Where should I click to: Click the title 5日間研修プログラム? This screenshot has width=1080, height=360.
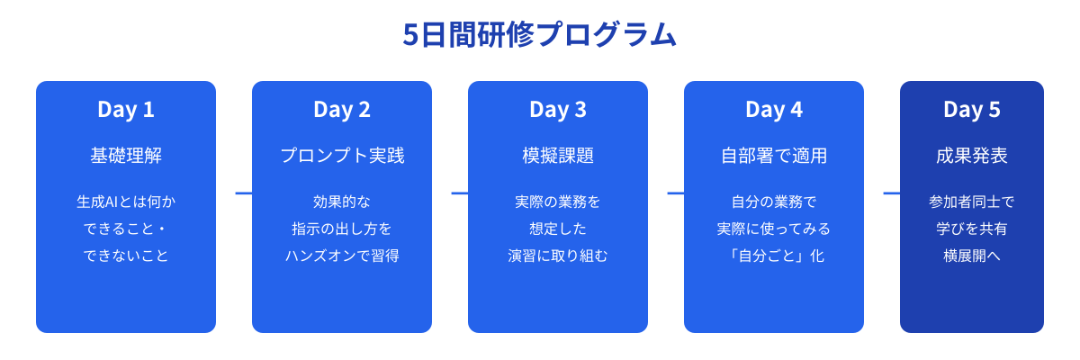point(539,34)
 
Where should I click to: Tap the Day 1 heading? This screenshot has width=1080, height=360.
point(126,110)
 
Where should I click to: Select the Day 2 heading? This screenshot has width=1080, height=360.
point(342,110)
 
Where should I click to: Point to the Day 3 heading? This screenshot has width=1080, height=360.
point(558,110)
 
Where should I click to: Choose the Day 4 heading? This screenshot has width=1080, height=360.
point(774,110)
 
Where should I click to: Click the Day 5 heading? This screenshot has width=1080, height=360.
point(972,110)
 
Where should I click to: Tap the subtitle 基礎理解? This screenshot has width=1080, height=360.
point(126,156)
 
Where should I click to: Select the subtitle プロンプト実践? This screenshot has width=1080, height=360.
point(342,156)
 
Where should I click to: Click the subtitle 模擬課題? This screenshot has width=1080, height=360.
point(558,156)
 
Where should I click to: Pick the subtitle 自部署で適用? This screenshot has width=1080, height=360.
point(774,156)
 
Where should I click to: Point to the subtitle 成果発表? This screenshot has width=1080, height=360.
point(972,156)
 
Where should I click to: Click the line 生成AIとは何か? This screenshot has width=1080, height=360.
point(126,202)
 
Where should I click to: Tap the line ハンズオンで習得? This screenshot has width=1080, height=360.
point(342,256)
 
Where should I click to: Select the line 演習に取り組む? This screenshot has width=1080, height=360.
point(558,256)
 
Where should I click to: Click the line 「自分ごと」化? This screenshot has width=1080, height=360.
point(774,256)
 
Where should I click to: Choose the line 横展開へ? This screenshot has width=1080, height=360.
point(972,256)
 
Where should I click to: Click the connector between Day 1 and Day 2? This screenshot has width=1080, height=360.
point(243,193)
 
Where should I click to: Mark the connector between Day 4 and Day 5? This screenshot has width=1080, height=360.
point(891,193)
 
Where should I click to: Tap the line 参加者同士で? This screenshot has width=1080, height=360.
point(972,202)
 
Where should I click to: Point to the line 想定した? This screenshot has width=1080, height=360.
point(558,229)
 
